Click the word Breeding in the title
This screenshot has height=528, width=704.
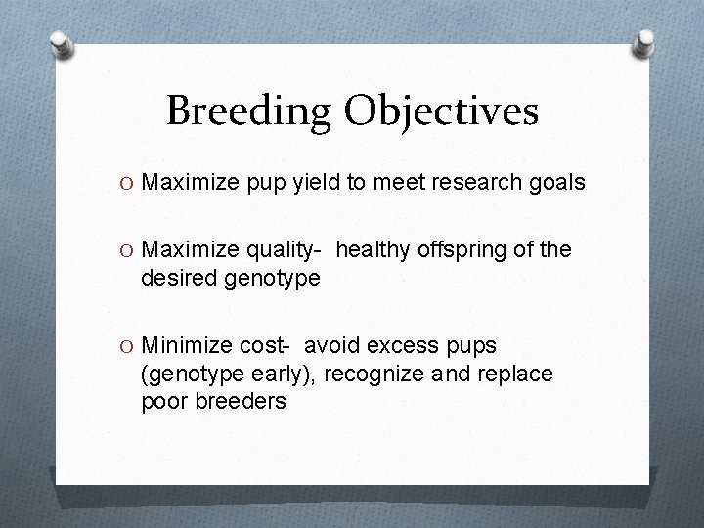(x=249, y=111)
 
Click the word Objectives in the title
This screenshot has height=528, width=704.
(x=440, y=111)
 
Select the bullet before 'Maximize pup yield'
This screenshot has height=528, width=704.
(x=129, y=182)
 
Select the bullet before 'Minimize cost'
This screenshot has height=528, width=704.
(x=129, y=345)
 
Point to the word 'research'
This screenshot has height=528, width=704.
(x=473, y=182)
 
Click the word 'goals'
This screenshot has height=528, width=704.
(x=557, y=182)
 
